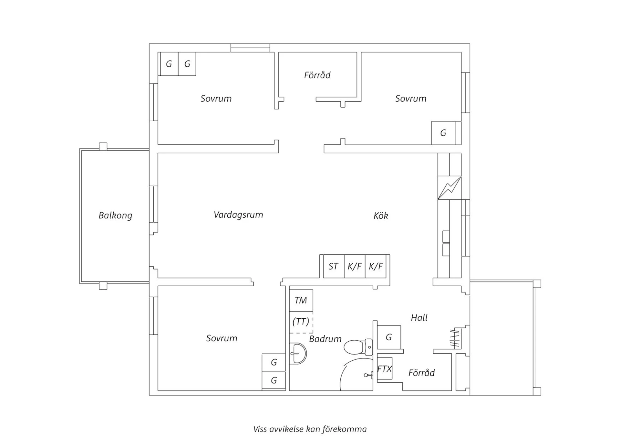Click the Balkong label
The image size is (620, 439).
pyautogui.click(x=115, y=215)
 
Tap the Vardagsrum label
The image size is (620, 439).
pyautogui.click(x=238, y=215)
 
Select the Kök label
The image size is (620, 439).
pyautogui.click(x=381, y=216)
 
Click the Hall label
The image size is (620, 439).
pyautogui.click(x=419, y=318)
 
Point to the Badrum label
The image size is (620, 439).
pyautogui.click(x=325, y=339)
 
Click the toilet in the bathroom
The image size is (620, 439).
pyautogui.click(x=358, y=347)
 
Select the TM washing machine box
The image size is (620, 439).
pyautogui.click(x=301, y=301)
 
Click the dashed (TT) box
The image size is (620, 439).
pyautogui.click(x=301, y=322)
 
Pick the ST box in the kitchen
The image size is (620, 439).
pyautogui.click(x=333, y=267)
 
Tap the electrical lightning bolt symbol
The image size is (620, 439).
pyautogui.click(x=449, y=188)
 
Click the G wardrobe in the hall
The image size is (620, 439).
pyautogui.click(x=389, y=337)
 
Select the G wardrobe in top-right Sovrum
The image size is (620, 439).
pyautogui.click(x=443, y=133)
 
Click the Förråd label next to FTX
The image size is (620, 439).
pyautogui.click(x=421, y=373)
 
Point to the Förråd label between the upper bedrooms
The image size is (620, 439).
pyautogui.click(x=317, y=75)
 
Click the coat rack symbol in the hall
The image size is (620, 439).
pyautogui.click(x=455, y=338)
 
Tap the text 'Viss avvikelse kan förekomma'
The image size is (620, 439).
pyautogui.click(x=310, y=429)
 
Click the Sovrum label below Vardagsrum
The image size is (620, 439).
pyautogui.click(x=222, y=338)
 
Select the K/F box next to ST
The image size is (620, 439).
pyautogui.click(x=355, y=267)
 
